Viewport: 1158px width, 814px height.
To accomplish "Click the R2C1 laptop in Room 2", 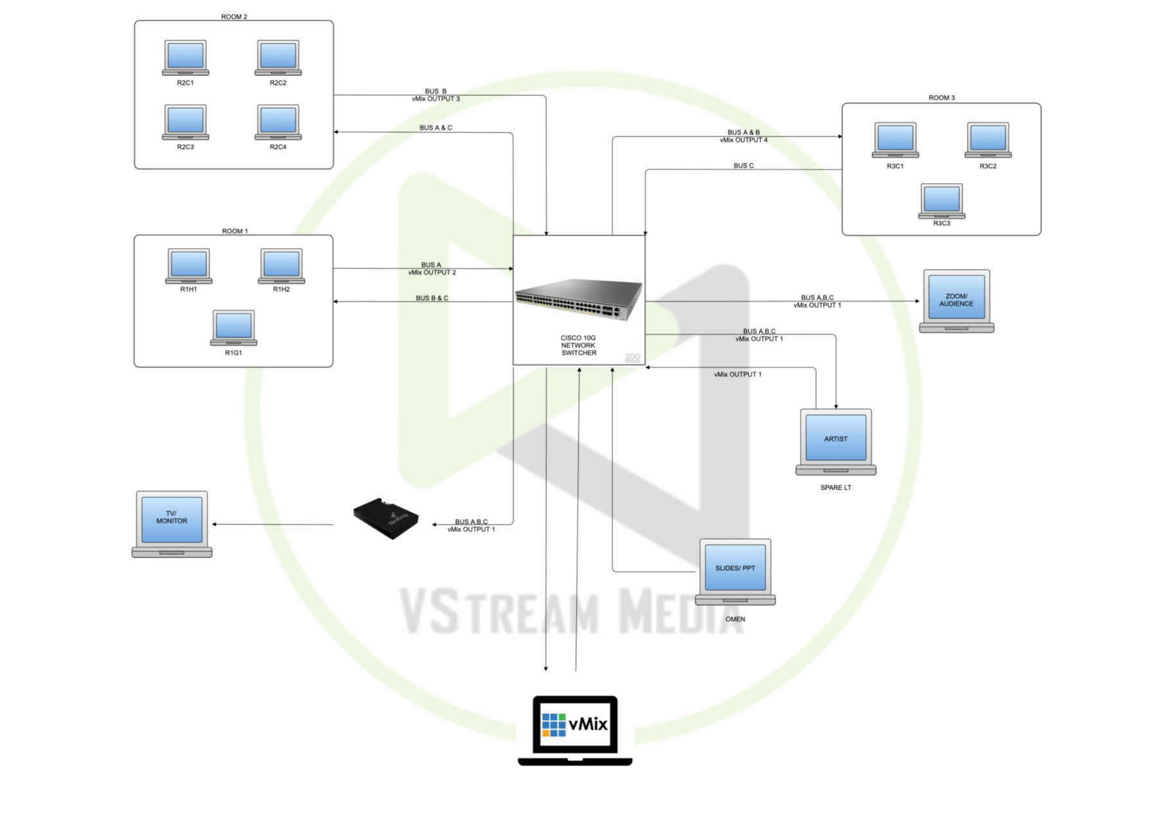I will click(185, 57).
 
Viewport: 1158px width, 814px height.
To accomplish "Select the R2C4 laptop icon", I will click(278, 122).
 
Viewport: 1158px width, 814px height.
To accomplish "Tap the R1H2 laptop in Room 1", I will click(281, 266).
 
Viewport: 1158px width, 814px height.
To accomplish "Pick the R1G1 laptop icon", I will click(234, 327).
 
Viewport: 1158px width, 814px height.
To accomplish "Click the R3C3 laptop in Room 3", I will click(942, 201).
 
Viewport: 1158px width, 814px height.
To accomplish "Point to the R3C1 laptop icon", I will click(895, 140).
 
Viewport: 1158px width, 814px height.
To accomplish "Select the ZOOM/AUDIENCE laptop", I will click(956, 300).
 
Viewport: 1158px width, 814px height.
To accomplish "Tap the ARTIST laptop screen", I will click(836, 439).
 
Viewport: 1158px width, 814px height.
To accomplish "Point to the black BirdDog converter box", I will click(386, 518).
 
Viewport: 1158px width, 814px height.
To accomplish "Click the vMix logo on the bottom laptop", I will click(574, 725).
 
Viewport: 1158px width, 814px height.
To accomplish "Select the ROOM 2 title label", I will click(234, 17).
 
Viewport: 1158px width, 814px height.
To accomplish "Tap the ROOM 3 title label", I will click(941, 98).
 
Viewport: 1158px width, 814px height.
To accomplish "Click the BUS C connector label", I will click(743, 166).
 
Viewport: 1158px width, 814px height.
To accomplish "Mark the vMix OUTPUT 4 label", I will click(743, 140).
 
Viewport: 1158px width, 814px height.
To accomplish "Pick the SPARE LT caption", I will click(836, 488).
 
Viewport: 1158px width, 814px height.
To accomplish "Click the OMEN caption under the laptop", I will click(735, 619).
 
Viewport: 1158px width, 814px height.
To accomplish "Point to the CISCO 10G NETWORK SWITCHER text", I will click(578, 345).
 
